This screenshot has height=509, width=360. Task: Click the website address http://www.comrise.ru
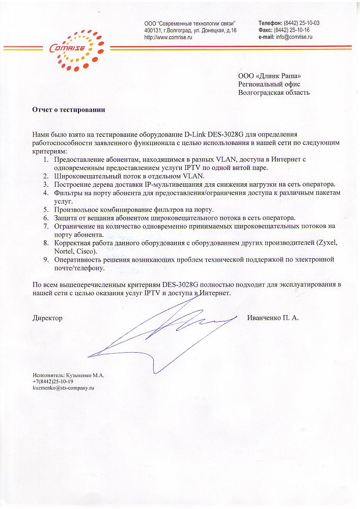coord(168,38)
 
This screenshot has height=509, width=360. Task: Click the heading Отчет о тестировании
coord(69,109)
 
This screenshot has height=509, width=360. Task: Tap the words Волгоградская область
coord(274,93)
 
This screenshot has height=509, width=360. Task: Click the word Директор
coord(47,318)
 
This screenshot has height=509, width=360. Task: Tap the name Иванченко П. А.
coord(273,318)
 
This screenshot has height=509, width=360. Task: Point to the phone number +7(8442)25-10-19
coord(53,381)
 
